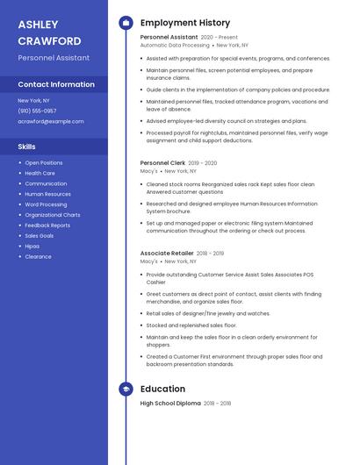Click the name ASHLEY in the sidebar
click(38, 25)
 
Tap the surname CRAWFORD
click(49, 41)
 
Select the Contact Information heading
click(56, 84)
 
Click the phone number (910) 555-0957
click(37, 111)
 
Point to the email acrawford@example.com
click(51, 121)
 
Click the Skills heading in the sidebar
click(27, 147)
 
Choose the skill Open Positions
click(44, 162)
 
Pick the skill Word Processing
click(46, 204)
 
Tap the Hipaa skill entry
click(33, 247)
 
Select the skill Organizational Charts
click(53, 215)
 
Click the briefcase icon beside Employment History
click(126, 23)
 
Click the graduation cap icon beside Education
click(126, 389)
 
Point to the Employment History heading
click(185, 23)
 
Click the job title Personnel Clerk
click(162, 162)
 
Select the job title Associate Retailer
click(167, 253)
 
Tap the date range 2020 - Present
click(220, 38)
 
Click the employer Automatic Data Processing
click(175, 46)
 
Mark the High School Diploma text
click(169, 404)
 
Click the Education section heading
click(162, 389)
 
